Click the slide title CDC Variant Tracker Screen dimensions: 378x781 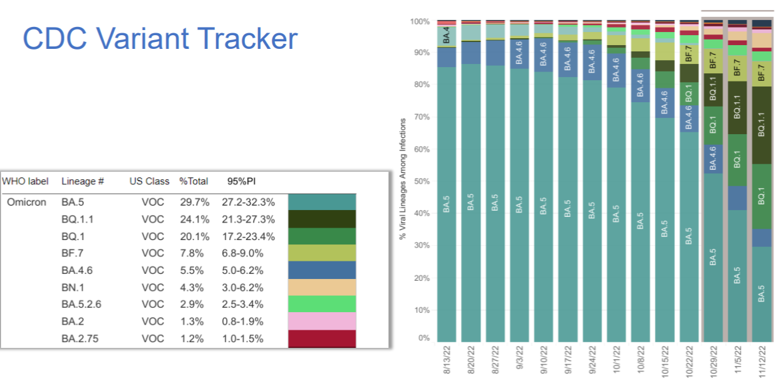pyautogui.click(x=160, y=39)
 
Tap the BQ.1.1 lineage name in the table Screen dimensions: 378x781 pyautogui.click(x=78, y=219)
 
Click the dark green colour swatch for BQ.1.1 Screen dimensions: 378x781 pyautogui.click(x=322, y=219)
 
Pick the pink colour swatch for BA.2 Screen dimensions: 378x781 pyautogui.click(x=322, y=322)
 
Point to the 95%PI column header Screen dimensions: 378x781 pyautogui.click(x=241, y=181)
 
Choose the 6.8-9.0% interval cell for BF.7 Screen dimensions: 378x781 pyautogui.click(x=243, y=254)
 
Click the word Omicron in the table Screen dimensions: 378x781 pyautogui.click(x=26, y=202)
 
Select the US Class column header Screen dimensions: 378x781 pyautogui.click(x=149, y=181)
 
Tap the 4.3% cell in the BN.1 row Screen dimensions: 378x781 pyautogui.click(x=191, y=288)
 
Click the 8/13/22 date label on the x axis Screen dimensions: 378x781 pyautogui.click(x=446, y=360)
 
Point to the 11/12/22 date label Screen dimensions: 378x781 pyautogui.click(x=761, y=360)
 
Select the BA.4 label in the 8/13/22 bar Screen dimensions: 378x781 pyautogui.click(x=447, y=36)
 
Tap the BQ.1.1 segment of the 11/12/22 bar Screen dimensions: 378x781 pyautogui.click(x=761, y=125)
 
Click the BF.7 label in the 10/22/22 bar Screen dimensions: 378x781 pyautogui.click(x=689, y=54)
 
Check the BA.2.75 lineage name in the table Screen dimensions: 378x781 pyautogui.click(x=80, y=339)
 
